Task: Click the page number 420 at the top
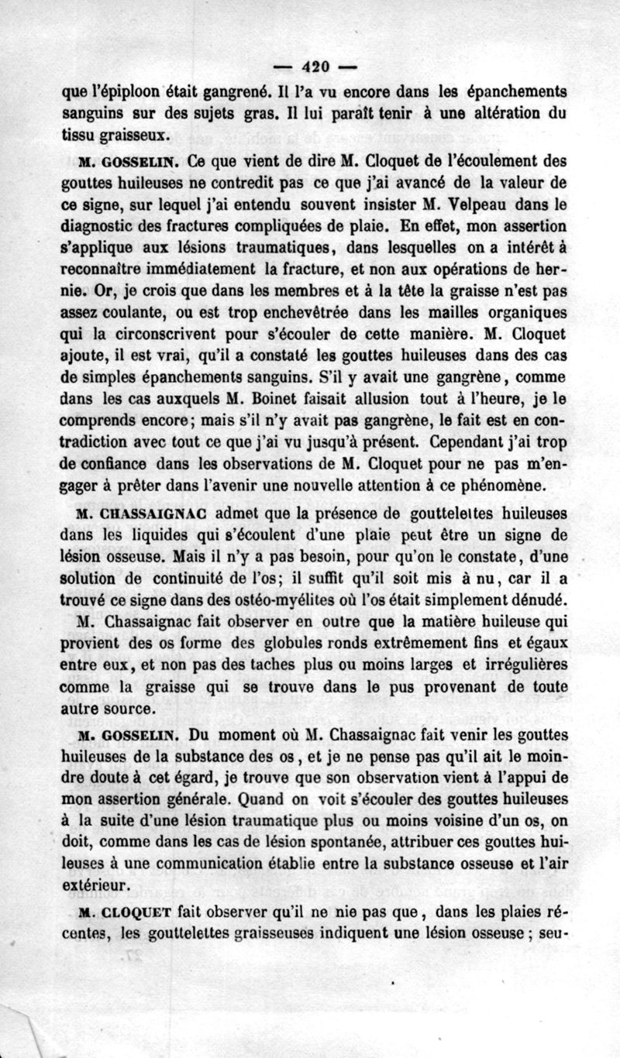(x=311, y=65)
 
